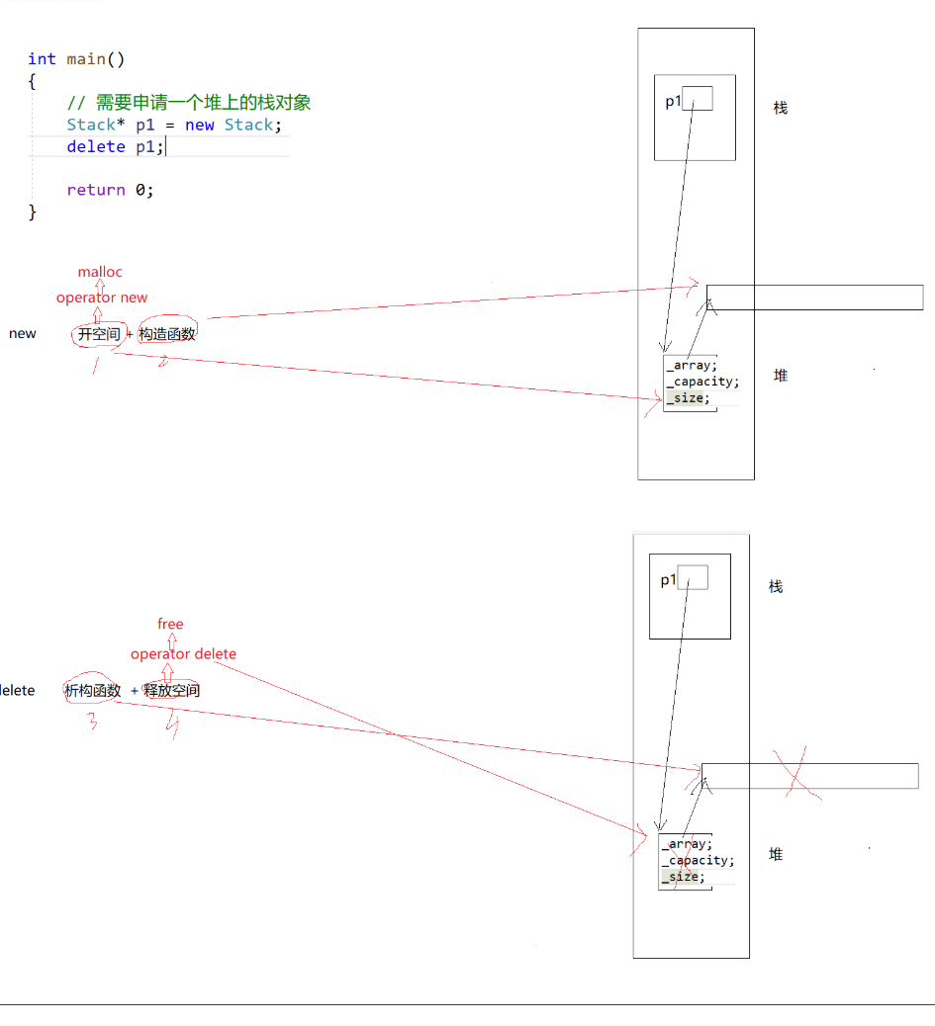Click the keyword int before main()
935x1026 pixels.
[42, 59]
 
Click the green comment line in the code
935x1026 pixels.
[189, 103]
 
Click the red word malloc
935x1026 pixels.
[100, 272]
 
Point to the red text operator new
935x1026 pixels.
[101, 298]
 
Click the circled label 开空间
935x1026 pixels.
[99, 334]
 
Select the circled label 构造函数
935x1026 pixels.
[167, 334]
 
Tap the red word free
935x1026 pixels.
[170, 624]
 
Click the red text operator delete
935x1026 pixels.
[183, 654]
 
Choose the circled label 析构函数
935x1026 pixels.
[93, 691]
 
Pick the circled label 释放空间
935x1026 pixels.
[171, 691]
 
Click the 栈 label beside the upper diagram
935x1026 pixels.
[781, 108]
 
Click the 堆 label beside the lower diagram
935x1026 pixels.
[776, 854]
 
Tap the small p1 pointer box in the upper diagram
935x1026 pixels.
[698, 99]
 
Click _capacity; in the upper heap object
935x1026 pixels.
[702, 382]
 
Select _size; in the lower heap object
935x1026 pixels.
[684, 877]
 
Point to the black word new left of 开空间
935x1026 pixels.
[22, 334]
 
